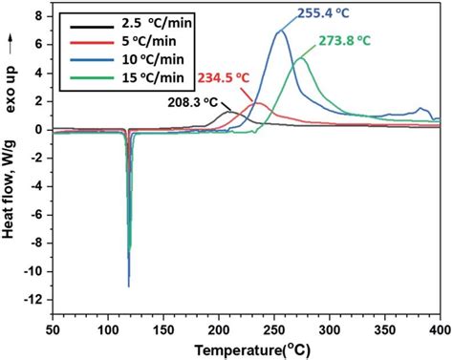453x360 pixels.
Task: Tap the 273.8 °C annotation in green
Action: coord(344,43)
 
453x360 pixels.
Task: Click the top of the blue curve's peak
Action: coord(279,32)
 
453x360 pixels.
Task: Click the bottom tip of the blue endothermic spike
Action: coord(128,286)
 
